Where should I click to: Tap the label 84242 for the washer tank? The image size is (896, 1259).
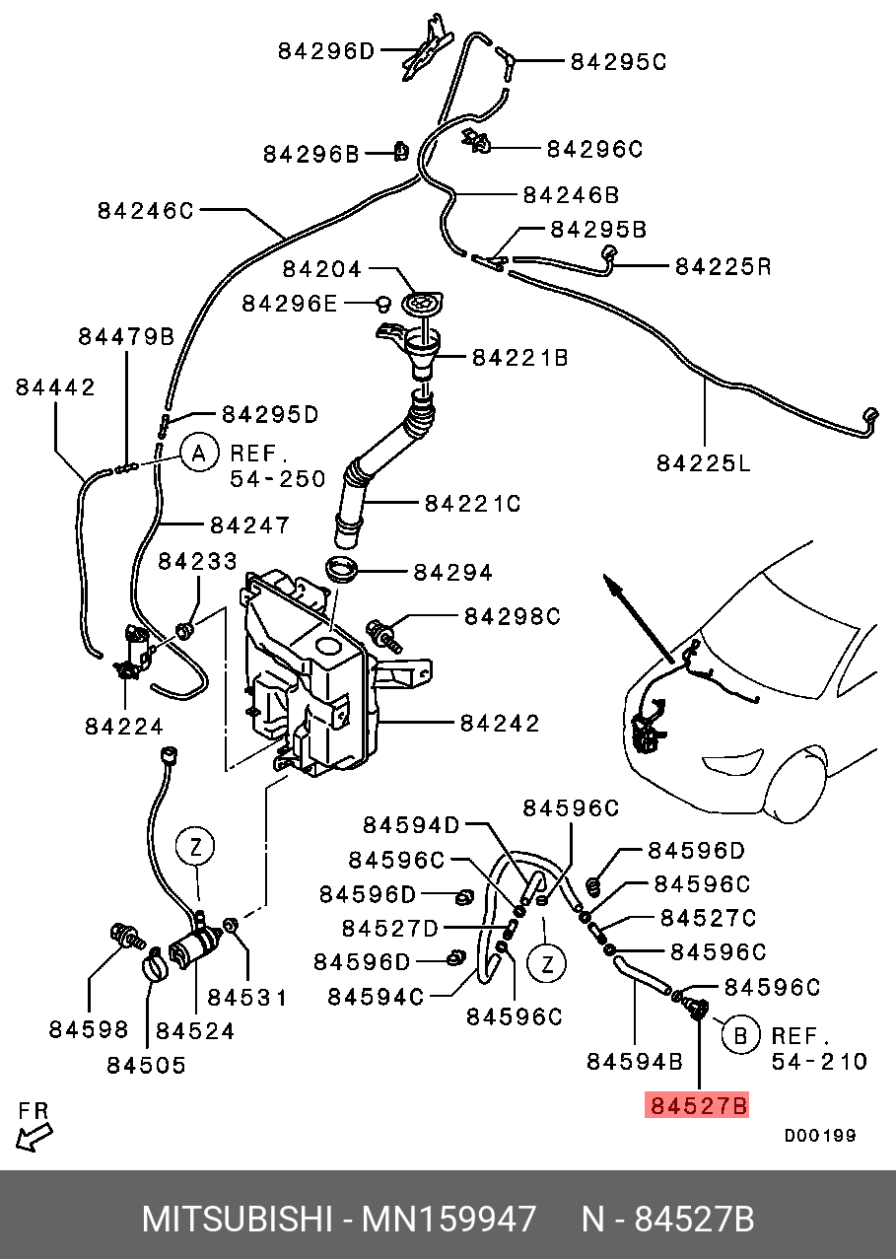coord(500,724)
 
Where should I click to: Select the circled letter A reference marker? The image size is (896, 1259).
coord(198,454)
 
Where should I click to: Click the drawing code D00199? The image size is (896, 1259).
coord(820,1136)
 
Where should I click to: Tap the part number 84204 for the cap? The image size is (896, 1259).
coord(322,269)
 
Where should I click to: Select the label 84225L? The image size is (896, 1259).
coord(704,461)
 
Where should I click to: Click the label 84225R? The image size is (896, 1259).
coord(723,266)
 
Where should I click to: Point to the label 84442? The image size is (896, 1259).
coord(55,387)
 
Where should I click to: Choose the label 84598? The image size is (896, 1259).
coord(89,1030)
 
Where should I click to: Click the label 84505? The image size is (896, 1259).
coord(146,1065)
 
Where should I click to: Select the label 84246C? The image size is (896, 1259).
coord(146,210)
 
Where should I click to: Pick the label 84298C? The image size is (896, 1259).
coord(513,617)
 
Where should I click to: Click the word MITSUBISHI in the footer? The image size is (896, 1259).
coord(237,1220)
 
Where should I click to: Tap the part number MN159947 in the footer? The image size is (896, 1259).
coord(449,1220)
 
